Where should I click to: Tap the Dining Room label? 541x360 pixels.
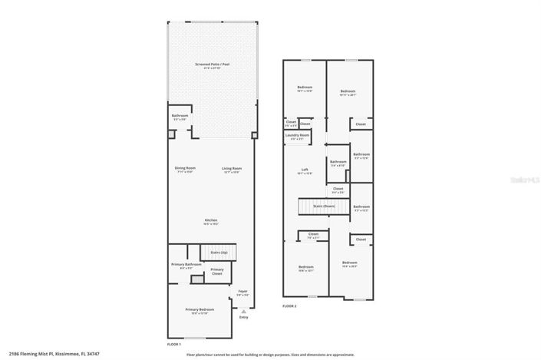(186, 169)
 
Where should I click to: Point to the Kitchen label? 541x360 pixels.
(210, 222)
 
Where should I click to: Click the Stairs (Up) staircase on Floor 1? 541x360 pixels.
(219, 252)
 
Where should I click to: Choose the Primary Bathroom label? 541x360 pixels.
(186, 266)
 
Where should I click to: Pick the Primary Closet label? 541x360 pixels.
(217, 271)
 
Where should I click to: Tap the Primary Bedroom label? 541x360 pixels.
(197, 311)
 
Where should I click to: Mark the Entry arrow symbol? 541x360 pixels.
(244, 311)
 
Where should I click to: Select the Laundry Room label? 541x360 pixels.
(297, 136)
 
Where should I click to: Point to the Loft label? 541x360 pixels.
(305, 170)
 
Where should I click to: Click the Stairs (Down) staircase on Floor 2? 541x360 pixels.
(318, 206)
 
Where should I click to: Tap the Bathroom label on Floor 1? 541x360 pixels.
(180, 117)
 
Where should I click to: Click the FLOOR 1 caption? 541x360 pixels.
(174, 344)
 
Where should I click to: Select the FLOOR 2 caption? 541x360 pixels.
(289, 306)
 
